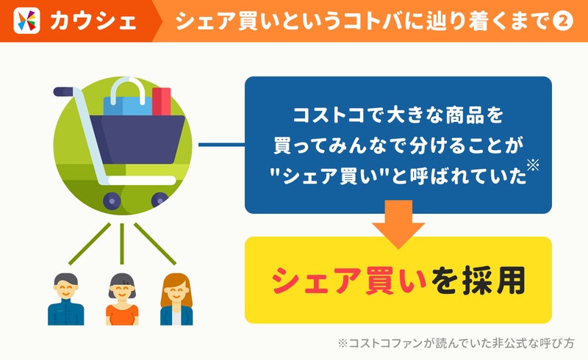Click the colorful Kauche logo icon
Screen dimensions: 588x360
pos(26,21)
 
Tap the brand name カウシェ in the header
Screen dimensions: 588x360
pos(93,21)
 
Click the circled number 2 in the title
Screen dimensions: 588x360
pos(563,21)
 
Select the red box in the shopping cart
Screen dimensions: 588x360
pos(161,101)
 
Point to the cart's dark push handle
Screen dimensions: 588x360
pos(65,92)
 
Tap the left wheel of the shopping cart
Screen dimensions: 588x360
pos(112,201)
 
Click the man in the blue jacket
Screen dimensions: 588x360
pos(66,299)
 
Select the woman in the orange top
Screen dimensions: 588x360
pos(122,299)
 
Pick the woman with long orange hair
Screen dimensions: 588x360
pos(176,299)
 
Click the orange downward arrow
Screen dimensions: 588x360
pos(398,224)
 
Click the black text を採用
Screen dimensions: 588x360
pos(478,281)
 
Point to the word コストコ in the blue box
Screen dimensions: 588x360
pos(329,115)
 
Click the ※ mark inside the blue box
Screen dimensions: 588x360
pos(533,165)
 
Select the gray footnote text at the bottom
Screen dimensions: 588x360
pos(456,343)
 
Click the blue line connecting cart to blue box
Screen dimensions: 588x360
pos(221,145)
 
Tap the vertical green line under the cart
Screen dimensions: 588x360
pos(122,244)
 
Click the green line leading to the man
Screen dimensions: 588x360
pos(90,244)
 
